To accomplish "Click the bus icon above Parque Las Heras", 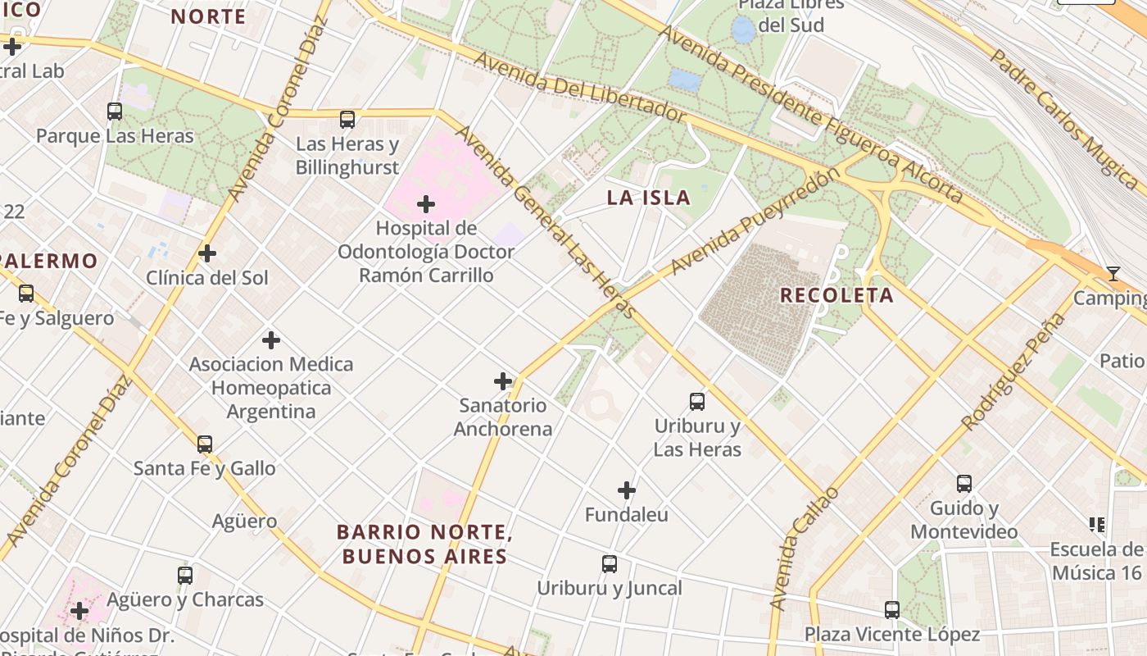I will tap(115, 112).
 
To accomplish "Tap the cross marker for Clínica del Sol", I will tap(207, 253).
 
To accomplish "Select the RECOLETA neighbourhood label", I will tap(836, 296).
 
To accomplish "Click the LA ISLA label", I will tap(648, 198).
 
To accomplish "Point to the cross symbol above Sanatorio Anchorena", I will tap(503, 381).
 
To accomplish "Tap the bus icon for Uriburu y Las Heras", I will tap(697, 402).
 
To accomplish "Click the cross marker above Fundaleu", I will tap(627, 490).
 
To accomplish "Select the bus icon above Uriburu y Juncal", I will tap(610, 564).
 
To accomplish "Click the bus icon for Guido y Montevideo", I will tap(964, 484).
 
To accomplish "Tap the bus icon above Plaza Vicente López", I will tap(892, 610).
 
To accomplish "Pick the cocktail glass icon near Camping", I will tap(1113, 274).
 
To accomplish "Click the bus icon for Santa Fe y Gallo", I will tap(205, 444).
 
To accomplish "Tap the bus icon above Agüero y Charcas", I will tap(185, 576).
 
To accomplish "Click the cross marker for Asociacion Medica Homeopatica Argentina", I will tap(271, 339).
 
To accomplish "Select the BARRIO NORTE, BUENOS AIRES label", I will tap(424, 544).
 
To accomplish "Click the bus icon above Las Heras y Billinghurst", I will tap(347, 120).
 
